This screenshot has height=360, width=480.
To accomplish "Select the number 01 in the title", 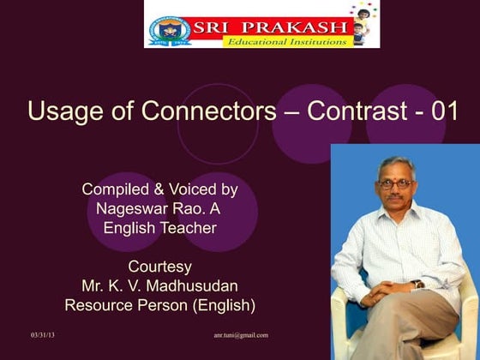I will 439,111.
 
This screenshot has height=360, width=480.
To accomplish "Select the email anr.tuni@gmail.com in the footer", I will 241,334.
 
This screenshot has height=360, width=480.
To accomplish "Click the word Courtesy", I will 159,266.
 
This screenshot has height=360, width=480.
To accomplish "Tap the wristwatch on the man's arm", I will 417,283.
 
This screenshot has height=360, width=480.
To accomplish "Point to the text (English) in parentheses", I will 225,304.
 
